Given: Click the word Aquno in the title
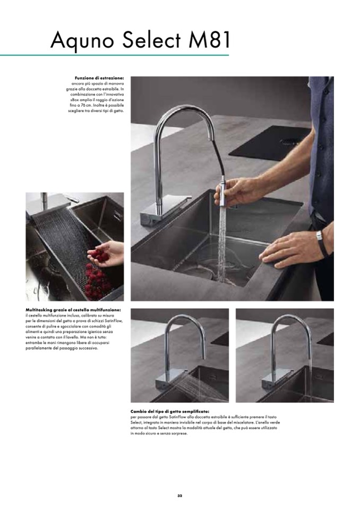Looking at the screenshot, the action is tap(82, 40).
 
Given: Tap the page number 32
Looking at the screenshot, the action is tap(180, 496).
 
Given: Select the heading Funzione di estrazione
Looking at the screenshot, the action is tap(99, 78).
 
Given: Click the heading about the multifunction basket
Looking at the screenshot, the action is tap(74, 309).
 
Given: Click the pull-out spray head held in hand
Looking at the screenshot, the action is tap(222, 193).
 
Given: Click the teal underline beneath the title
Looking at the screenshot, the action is tap(114, 55).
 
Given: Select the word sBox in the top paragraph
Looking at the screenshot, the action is tap(74, 100).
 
